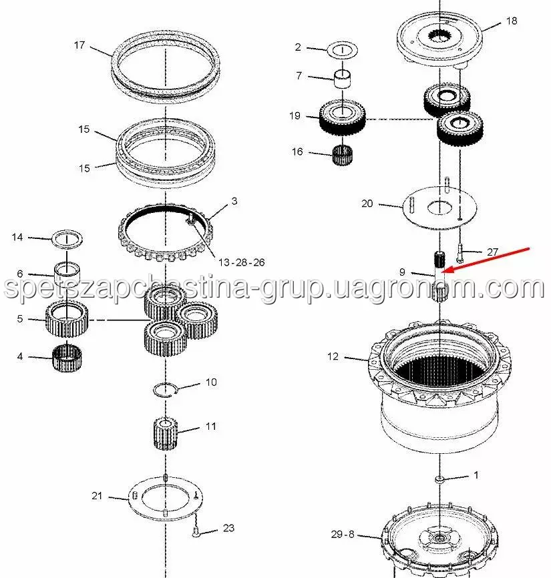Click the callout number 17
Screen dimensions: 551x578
pos(79,45)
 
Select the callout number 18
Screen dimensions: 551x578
pos(512,21)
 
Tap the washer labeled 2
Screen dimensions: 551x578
pos(343,49)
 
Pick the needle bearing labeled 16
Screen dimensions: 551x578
pos(343,155)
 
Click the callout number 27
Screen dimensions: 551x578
pos(493,252)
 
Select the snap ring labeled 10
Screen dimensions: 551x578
pos(166,390)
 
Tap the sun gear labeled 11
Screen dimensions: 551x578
pos(165,433)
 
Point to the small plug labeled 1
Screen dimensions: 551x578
pos(439,479)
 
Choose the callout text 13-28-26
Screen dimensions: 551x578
pos(242,262)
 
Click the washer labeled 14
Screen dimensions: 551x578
pos(67,238)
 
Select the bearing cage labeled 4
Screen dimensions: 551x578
pos(67,358)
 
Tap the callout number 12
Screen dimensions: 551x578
pos(333,356)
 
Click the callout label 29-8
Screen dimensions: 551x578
pos(343,534)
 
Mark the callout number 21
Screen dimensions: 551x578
pos(97,496)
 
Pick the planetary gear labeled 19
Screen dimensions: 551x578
pos(342,119)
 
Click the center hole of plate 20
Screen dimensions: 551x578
pos(439,208)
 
